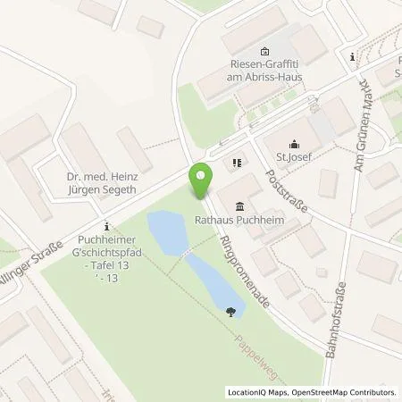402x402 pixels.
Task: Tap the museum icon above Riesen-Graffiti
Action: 264,50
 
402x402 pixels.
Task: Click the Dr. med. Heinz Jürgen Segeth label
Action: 108,182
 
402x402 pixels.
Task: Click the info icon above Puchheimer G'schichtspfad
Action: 107,225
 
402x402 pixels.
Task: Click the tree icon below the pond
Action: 232,312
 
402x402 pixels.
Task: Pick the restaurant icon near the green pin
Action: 237,163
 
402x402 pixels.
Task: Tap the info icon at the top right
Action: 354,57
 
